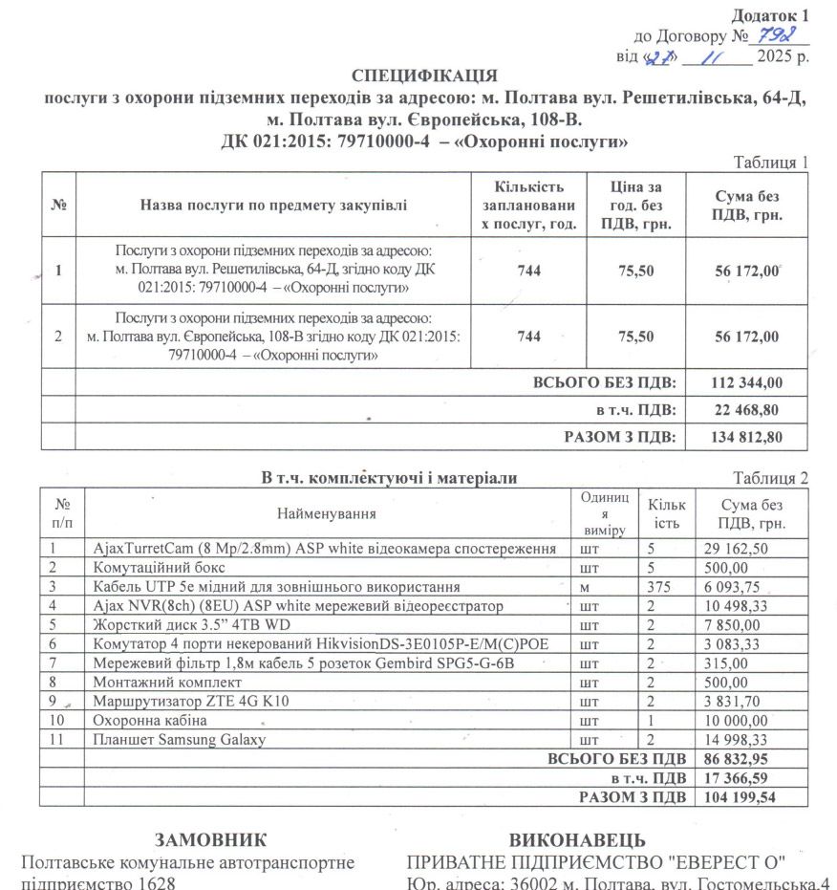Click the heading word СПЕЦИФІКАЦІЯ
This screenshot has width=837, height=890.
424,76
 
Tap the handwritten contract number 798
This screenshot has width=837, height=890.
771,35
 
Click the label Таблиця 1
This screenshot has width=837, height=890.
770,162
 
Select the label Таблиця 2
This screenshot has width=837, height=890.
770,478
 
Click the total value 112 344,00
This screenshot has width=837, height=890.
747,382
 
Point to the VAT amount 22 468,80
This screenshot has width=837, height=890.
747,410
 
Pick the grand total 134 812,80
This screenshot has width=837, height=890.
747,437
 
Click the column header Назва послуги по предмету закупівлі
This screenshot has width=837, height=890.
272,205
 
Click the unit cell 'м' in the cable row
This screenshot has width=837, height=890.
585,587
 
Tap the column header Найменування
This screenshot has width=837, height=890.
326,513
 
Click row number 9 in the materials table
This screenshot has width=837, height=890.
55,702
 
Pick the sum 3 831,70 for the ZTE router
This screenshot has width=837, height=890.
732,702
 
